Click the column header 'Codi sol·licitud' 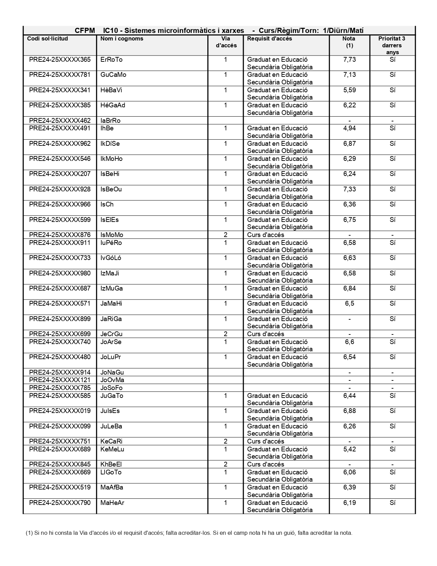[48, 39]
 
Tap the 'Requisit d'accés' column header [269, 39]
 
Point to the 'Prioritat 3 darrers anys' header [392, 45]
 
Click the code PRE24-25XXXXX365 [60, 60]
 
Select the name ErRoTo [111, 60]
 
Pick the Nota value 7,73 [349, 60]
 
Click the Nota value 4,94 [349, 128]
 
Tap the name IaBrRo [110, 121]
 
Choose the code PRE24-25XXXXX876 [60, 235]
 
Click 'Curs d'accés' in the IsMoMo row [266, 235]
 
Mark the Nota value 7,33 [349, 189]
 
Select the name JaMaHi [111, 304]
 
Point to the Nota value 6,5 [349, 304]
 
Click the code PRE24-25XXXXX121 [60, 380]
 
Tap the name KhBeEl [111, 464]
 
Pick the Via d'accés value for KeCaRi [226, 441]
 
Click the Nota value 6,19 [349, 503]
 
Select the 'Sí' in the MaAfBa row [392, 487]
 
